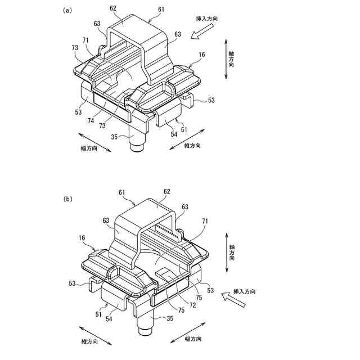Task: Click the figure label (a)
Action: click(67, 10)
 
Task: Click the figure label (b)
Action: click(67, 199)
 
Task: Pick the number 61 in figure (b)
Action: click(122, 192)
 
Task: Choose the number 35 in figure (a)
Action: click(114, 136)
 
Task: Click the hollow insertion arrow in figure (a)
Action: click(199, 37)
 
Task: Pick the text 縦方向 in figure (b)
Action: click(91, 342)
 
